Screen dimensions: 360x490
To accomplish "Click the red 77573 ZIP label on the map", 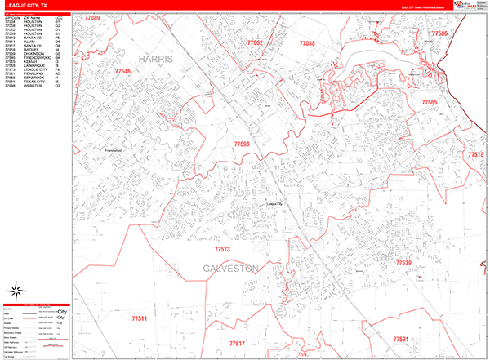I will [222, 248].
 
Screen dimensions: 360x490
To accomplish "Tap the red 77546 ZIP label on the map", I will [122, 73].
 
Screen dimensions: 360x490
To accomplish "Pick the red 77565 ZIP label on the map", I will [430, 101].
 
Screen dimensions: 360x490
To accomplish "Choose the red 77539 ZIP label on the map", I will [404, 263].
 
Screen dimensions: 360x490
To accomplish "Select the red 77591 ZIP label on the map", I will [400, 338].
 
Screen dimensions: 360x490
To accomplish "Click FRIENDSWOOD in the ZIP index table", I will [36, 58].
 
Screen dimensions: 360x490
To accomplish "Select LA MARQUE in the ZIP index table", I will [33, 66].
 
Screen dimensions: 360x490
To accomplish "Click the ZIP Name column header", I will [32, 17].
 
